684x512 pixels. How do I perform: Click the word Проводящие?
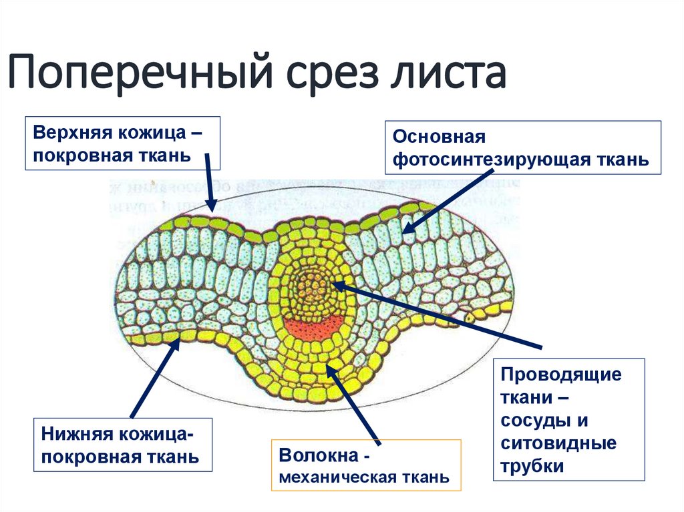pyautogui.click(x=560, y=374)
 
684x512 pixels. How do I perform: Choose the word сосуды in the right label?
pyautogui.click(x=536, y=421)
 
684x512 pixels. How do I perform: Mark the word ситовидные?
pyautogui.click(x=558, y=443)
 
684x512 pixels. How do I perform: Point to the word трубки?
pyautogui.click(x=532, y=466)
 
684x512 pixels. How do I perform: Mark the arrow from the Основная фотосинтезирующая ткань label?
pyautogui.click(x=444, y=200)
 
